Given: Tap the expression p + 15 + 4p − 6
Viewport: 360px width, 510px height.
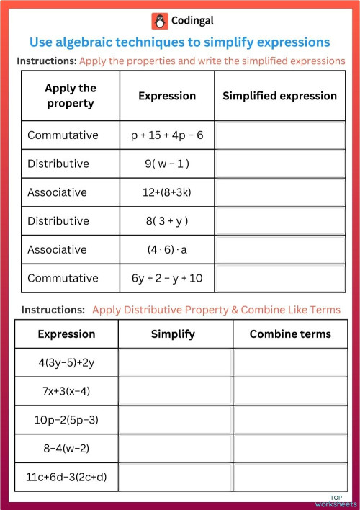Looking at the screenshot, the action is [x=167, y=135].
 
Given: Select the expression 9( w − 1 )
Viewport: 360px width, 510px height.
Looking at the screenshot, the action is [x=167, y=164].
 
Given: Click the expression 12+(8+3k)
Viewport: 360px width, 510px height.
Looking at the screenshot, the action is [x=167, y=192].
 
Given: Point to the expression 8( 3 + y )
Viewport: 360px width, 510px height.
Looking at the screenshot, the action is [x=167, y=221].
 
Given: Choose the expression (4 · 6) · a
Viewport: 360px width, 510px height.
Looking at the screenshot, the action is [x=167, y=249].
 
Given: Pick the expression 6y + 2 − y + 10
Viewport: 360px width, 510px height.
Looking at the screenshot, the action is [x=167, y=278].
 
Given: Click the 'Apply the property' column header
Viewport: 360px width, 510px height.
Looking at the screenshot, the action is [x=71, y=96].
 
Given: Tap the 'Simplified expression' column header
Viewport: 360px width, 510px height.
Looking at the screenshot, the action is [x=279, y=96].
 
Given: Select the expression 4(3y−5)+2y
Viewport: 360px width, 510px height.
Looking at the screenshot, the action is [x=66, y=363].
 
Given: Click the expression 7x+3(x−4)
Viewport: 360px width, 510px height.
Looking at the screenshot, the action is [x=66, y=391].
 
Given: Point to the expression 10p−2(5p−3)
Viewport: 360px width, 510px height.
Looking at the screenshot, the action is [x=66, y=420].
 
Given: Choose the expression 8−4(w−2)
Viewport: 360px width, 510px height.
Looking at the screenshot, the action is [x=66, y=448].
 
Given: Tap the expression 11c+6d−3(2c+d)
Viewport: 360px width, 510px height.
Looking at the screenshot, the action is [x=66, y=477].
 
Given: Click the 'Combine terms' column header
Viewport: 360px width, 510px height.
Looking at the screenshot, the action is [x=290, y=334].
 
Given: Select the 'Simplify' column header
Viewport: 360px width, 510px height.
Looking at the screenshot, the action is [x=173, y=334].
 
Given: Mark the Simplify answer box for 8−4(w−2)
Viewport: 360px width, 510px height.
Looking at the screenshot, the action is [x=175, y=449].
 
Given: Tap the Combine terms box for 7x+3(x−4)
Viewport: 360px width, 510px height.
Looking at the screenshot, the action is [x=290, y=392].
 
